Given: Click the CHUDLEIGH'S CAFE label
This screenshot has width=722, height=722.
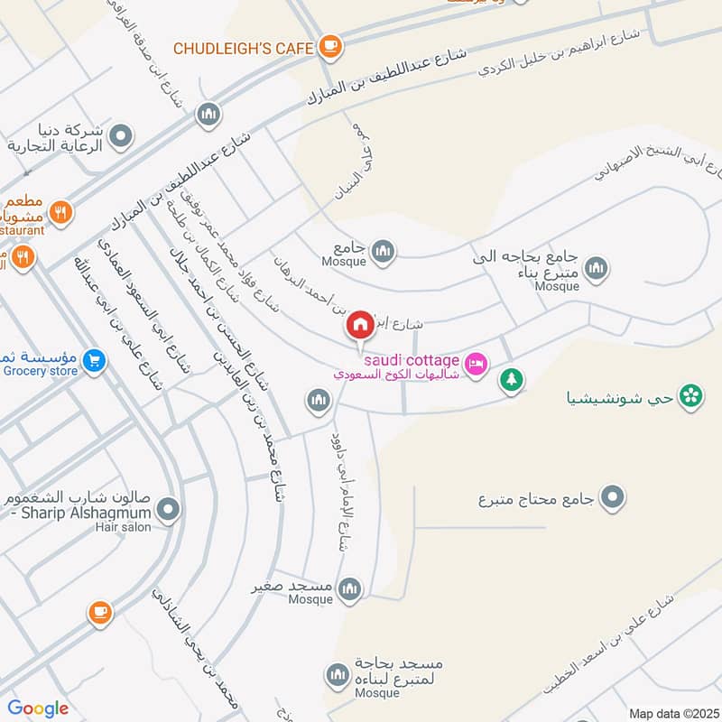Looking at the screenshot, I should click(242, 47).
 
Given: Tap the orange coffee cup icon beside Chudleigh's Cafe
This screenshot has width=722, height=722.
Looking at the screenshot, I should click(330, 45).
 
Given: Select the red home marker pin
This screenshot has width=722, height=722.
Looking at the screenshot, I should click(359, 326).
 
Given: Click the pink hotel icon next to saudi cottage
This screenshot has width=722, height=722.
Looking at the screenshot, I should click(477, 363).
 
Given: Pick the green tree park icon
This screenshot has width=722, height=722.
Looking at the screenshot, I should click(512, 380).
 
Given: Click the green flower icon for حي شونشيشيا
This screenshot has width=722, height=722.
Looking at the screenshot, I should click(691, 395).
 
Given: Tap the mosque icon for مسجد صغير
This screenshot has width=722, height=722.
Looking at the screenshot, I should click(349, 589).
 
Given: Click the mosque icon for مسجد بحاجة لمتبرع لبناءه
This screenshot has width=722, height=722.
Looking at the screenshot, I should click(338, 674).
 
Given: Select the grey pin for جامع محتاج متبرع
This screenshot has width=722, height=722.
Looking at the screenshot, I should click(613, 497).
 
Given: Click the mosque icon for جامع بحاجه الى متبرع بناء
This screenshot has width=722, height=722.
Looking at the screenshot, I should click(596, 268).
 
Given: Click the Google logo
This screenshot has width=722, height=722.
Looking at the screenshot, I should click(38, 708).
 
